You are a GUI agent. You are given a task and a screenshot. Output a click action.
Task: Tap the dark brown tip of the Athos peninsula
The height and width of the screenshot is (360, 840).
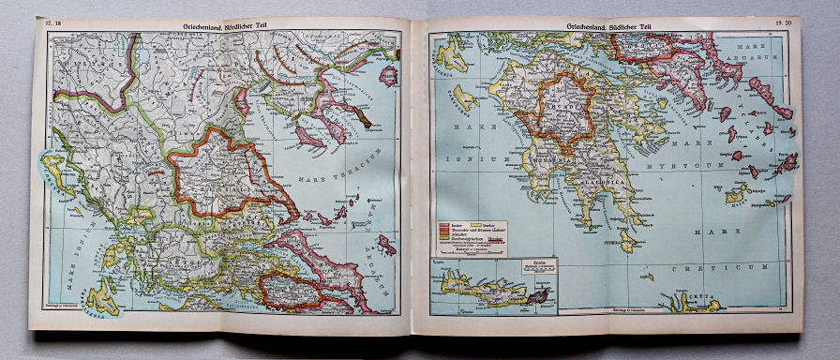tap(364, 121)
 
